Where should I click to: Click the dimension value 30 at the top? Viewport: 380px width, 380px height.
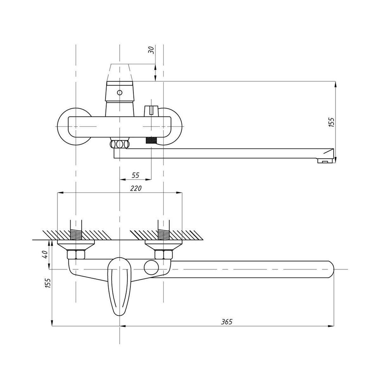point(152,50)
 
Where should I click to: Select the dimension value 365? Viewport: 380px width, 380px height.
point(226,322)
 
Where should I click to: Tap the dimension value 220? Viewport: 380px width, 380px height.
point(136,188)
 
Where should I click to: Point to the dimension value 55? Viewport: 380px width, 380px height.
point(135,175)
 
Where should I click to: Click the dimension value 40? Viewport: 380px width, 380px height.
point(45,254)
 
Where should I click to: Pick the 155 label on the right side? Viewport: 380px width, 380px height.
point(331,122)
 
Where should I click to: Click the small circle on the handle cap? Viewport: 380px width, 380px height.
point(119,93)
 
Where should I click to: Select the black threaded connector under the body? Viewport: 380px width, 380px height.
point(151,140)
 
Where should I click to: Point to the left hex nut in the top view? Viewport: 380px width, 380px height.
point(75,254)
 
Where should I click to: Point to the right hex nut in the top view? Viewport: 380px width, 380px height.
point(164,254)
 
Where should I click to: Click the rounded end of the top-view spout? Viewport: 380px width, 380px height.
point(329,269)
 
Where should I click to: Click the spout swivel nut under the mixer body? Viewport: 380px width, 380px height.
point(119,144)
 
